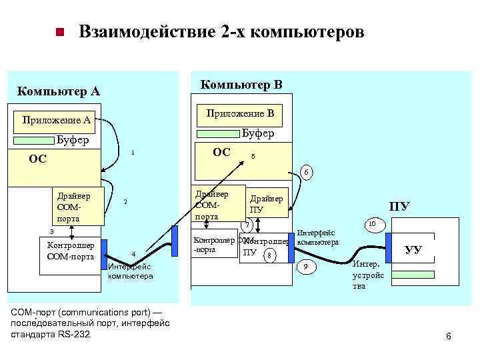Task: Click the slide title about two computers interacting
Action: pyautogui.click(x=221, y=32)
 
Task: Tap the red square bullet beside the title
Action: pyautogui.click(x=59, y=32)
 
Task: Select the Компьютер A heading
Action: pyautogui.click(x=58, y=91)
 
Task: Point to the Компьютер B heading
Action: pyautogui.click(x=241, y=85)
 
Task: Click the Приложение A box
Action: pyautogui.click(x=57, y=121)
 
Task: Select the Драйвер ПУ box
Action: pyautogui.click(x=267, y=204)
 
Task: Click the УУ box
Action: pyautogui.click(x=413, y=251)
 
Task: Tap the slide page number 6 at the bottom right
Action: pyautogui.click(x=448, y=336)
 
